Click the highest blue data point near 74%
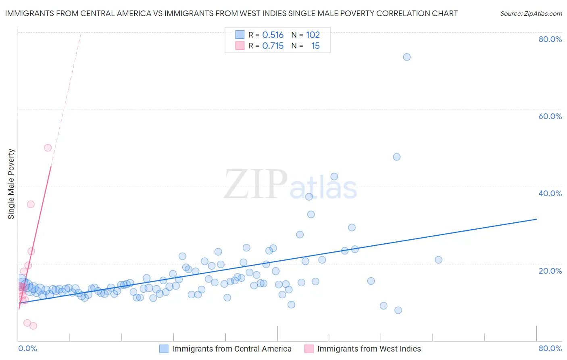pos(406,57)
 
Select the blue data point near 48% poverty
pos(396,157)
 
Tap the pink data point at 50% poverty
pos(48,148)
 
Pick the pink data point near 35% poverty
pos(31,204)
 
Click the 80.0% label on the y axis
pos(550,39)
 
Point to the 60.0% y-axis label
pos(550,116)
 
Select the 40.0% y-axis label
pos(550,193)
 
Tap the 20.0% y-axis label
pos(550,271)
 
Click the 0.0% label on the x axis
pos(27,348)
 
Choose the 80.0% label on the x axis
pos(550,348)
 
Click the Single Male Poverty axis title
pos(11,184)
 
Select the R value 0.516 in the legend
pos(273,35)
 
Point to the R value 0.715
pos(273,46)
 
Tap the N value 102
pos(313,35)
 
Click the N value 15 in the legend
pos(315,46)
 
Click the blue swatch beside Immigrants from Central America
pos(164,349)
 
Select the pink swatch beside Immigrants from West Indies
pos(309,349)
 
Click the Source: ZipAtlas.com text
pos(531,14)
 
